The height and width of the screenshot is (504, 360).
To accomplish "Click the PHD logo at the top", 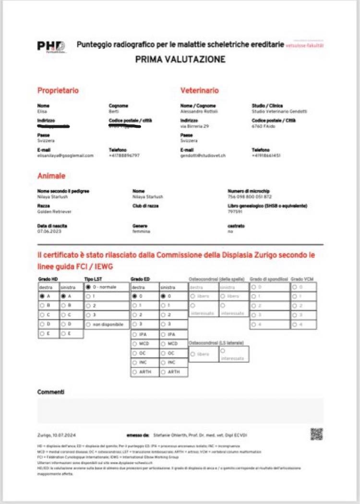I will (x=50, y=46).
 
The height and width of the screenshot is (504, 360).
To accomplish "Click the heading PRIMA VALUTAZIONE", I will (x=180, y=60).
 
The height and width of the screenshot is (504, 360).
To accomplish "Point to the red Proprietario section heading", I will (x=58, y=90).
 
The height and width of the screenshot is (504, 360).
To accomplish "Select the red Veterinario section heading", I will (x=199, y=90).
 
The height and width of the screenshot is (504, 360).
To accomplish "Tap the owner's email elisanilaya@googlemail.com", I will (x=65, y=156).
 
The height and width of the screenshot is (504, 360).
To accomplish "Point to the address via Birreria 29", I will (x=194, y=126).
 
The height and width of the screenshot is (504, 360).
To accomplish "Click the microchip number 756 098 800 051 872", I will (x=250, y=197).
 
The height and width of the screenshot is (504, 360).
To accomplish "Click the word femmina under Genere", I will (x=141, y=231).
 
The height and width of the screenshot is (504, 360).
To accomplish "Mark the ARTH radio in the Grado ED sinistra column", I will (x=163, y=372).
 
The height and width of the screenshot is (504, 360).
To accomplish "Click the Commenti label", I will (x=50, y=392).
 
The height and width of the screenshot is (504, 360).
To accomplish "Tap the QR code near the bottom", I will (x=316, y=434).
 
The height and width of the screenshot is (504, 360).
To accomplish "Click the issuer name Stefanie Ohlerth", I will (x=170, y=435).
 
